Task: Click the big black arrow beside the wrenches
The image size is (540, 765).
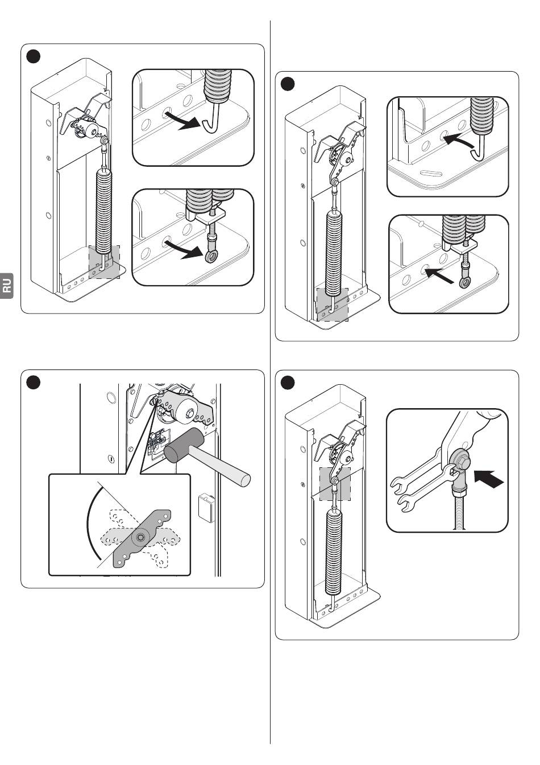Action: pyautogui.click(x=488, y=479)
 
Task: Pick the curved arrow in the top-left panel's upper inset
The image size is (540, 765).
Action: pyautogui.click(x=182, y=121)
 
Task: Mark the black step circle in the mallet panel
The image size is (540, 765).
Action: pyautogui.click(x=34, y=382)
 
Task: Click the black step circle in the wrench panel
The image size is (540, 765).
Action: pyautogui.click(x=288, y=382)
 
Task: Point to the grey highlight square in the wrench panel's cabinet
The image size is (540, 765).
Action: pyautogui.click(x=335, y=484)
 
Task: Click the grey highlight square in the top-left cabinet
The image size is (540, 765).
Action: pyautogui.click(x=105, y=262)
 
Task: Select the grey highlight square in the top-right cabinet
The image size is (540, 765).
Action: pyautogui.click(x=332, y=305)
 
